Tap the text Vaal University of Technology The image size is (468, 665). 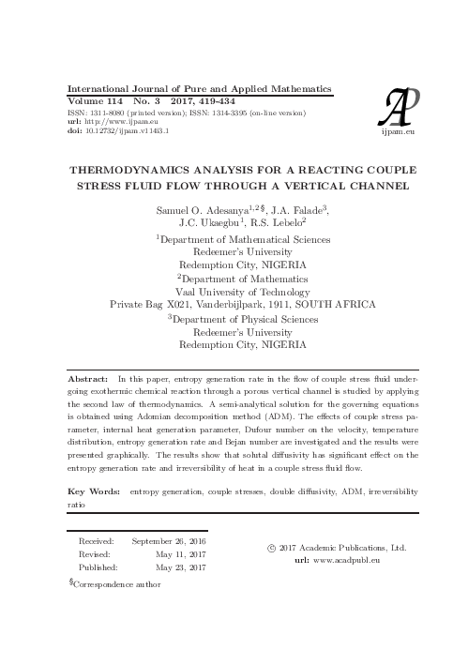[x=243, y=292]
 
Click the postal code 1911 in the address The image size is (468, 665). [x=271, y=305]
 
